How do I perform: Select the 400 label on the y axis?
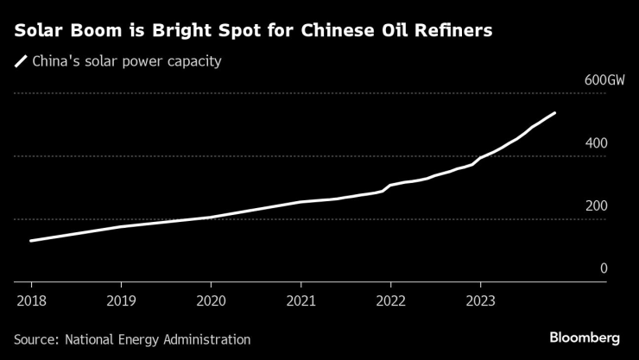point(598,143)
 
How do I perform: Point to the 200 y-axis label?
point(598,206)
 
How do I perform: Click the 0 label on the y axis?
point(604,268)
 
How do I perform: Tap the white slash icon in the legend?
point(20,61)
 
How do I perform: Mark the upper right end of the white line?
point(555,113)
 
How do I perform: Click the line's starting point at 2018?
point(31,241)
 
